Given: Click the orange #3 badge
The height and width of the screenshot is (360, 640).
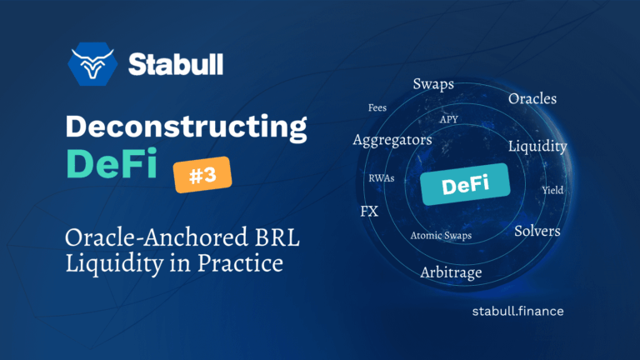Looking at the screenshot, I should tap(202, 174).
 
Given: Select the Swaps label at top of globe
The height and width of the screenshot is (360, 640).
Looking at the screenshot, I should tap(433, 84).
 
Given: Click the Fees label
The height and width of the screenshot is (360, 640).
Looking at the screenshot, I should tap(377, 108).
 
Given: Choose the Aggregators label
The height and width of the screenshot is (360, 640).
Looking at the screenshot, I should tap(392, 140).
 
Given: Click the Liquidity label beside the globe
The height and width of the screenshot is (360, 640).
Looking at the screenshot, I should tap(537, 147).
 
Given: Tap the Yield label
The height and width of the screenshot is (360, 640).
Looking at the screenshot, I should tap(552, 190).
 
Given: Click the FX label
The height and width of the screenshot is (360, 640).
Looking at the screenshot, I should tap(368, 211).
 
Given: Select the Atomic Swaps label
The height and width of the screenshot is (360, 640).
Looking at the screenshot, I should tap(441, 236).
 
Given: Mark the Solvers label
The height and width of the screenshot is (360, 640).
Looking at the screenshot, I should tap(537, 230).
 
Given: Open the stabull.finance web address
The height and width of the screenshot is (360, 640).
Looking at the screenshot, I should tap(517, 311).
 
